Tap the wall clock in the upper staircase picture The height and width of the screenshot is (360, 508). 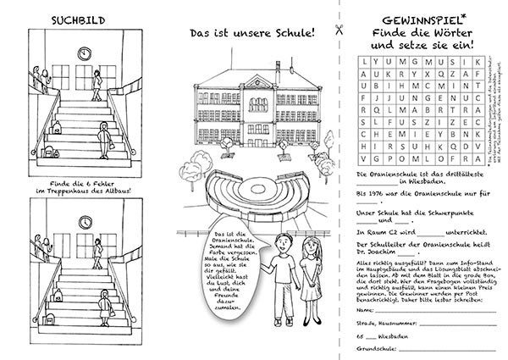[85, 53]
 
